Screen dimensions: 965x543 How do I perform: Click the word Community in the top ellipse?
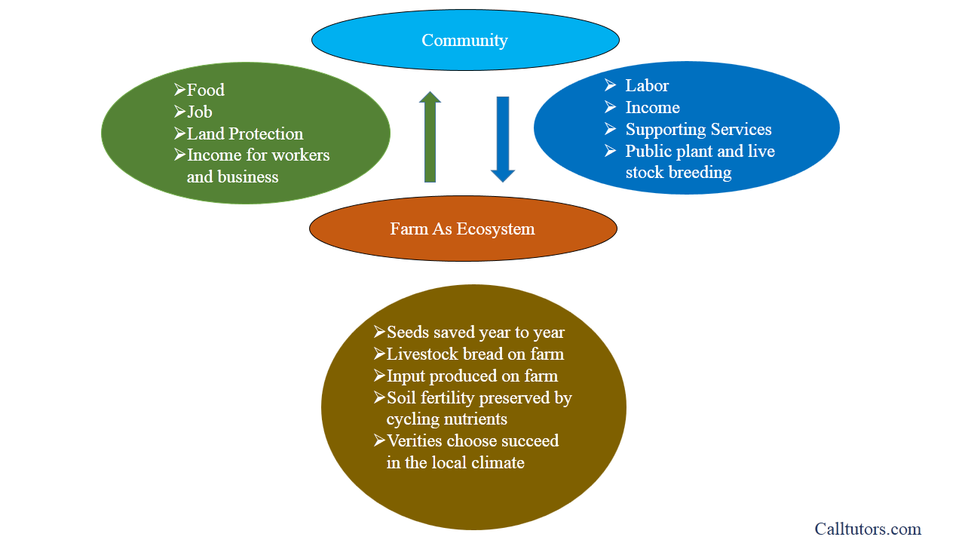click(x=464, y=41)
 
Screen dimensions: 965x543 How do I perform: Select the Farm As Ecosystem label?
click(x=462, y=229)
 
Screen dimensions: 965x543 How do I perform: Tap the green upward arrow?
click(x=430, y=137)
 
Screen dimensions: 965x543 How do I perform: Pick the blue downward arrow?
click(x=503, y=140)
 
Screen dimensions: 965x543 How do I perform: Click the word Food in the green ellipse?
click(x=206, y=90)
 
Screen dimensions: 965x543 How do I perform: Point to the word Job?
click(x=200, y=112)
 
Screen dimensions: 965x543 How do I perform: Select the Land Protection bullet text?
click(x=245, y=133)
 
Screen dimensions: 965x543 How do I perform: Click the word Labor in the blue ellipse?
click(x=647, y=85)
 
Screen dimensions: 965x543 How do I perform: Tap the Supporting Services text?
click(x=698, y=129)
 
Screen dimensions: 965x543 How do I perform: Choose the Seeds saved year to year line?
click(x=476, y=333)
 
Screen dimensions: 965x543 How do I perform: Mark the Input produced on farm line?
click(x=472, y=376)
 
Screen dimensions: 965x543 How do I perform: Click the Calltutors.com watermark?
click(x=868, y=529)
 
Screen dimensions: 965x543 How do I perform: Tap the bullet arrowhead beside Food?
click(x=179, y=90)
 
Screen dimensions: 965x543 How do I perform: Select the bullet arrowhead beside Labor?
click(x=610, y=85)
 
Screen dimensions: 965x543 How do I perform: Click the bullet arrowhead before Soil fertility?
click(x=379, y=397)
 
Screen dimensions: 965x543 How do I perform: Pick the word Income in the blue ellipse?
click(x=653, y=107)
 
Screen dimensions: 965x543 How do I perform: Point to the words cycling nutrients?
click(x=447, y=419)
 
